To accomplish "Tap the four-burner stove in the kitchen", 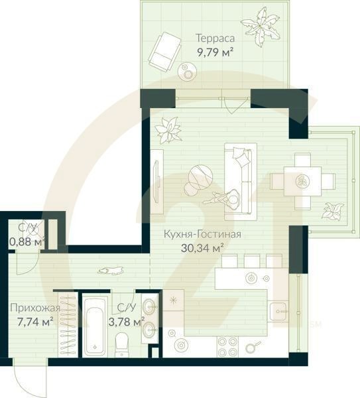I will click(228, 346).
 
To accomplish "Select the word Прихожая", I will click(35, 308).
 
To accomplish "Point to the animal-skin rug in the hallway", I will click(109, 270).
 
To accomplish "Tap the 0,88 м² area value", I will click(27, 241).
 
